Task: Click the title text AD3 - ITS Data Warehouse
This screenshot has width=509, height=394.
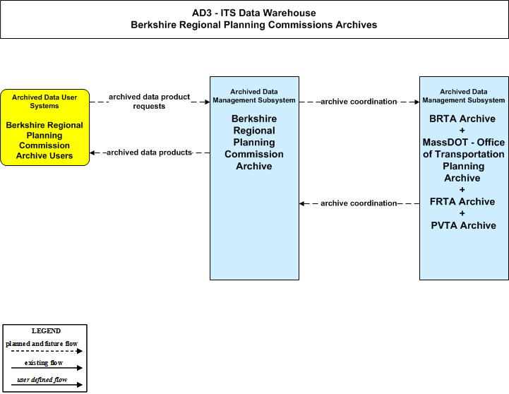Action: [x=254, y=13]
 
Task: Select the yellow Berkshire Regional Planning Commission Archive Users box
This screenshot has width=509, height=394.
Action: [x=44, y=128]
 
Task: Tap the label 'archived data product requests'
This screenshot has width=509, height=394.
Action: [x=150, y=102]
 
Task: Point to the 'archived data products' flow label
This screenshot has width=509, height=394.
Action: [x=150, y=153]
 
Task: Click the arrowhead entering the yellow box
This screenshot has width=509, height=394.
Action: [x=92, y=153]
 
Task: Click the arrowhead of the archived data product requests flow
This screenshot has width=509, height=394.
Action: [x=207, y=102]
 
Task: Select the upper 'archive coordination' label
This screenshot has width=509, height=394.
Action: [x=359, y=102]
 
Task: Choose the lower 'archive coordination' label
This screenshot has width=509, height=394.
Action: [x=359, y=203]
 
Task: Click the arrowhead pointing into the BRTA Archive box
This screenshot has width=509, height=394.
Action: [x=417, y=102]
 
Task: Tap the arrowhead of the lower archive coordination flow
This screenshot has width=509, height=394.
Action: [x=302, y=203]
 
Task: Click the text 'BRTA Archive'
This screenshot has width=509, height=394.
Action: [x=462, y=119]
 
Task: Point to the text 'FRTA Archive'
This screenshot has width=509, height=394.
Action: [x=462, y=202]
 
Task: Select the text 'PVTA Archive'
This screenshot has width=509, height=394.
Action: [x=463, y=225]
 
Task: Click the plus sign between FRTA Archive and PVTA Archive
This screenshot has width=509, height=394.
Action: [x=462, y=213]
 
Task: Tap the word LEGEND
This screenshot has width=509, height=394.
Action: [x=46, y=331]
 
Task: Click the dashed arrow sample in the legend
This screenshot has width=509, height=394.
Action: [x=47, y=351]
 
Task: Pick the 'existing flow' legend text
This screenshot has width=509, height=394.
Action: [x=44, y=363]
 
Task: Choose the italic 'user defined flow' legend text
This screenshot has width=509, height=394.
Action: [x=42, y=380]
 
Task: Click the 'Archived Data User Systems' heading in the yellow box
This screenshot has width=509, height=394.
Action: [x=44, y=102]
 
